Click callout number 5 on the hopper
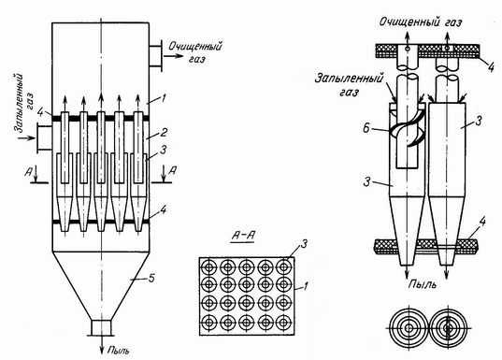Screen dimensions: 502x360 [151, 278]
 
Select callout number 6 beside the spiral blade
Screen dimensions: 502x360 [366, 128]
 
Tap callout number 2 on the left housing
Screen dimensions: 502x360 [164, 132]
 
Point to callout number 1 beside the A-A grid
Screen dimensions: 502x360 [305, 286]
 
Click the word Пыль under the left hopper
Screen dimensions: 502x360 [118, 351]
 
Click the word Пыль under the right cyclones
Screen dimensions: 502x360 [423, 284]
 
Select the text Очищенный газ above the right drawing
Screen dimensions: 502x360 [421, 22]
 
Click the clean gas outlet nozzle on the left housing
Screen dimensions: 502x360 [155, 55]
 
